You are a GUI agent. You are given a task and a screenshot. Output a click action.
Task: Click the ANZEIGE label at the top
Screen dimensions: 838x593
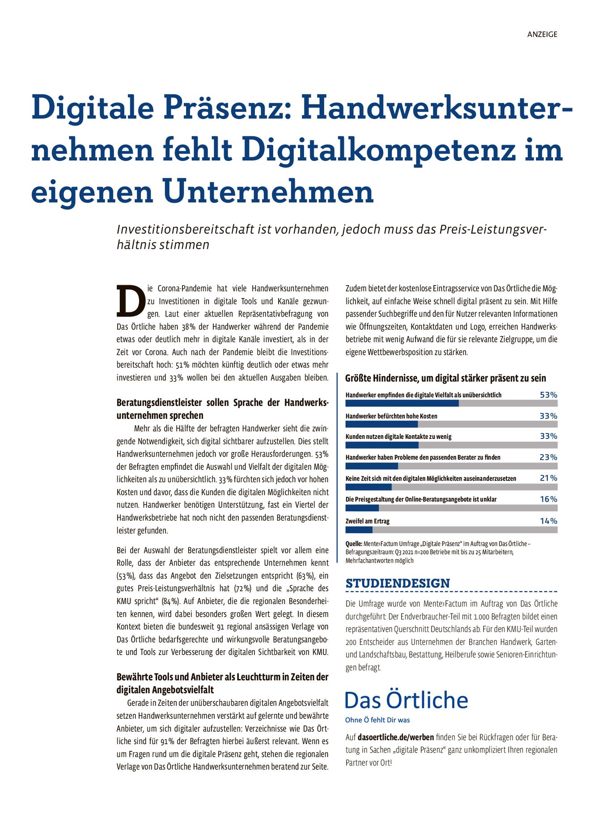tap(542, 34)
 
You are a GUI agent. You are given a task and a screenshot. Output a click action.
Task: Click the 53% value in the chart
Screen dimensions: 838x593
tap(548, 395)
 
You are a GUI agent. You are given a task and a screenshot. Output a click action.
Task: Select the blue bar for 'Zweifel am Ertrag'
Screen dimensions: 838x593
tap(359, 530)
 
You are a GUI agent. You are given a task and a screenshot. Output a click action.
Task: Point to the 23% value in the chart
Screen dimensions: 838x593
tap(548, 457)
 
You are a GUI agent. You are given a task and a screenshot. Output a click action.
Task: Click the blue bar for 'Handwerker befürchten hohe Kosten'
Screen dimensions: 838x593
tap(381, 424)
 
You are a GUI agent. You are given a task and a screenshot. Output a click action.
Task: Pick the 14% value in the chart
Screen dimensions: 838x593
tap(548, 521)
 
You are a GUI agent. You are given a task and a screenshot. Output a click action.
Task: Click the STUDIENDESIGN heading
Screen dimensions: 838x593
tap(398, 583)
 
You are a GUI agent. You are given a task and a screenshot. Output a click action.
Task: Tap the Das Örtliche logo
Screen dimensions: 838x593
tap(406, 700)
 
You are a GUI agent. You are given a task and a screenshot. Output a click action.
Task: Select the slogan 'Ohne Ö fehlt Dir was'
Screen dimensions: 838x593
tap(377, 720)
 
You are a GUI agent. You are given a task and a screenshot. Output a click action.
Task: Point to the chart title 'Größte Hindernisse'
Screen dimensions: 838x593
tap(445, 378)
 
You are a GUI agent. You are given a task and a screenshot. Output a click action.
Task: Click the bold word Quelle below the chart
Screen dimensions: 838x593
tap(354, 544)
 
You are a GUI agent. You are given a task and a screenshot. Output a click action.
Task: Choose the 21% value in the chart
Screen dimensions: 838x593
tap(548, 478)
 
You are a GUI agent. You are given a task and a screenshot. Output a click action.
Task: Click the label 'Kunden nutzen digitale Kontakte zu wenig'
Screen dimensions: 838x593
tap(398, 437)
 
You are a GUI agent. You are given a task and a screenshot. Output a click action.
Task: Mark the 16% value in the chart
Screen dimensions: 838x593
tap(548, 499)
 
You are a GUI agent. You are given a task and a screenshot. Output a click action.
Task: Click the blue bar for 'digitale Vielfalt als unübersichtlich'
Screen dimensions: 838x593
tap(402, 403)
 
